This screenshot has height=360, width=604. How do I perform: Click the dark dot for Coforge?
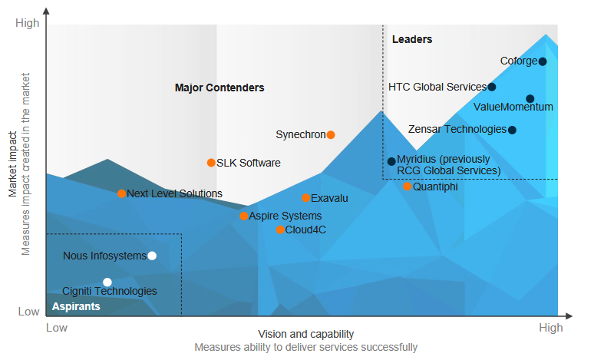pyautogui.click(x=543, y=61)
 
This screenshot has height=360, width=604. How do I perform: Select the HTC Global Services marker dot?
pyautogui.click(x=491, y=87)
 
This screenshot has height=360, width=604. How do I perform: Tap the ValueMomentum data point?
pyautogui.click(x=530, y=99)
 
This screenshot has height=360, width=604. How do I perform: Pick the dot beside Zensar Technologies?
pyautogui.click(x=512, y=130)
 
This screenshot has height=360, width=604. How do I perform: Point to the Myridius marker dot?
pyautogui.click(x=391, y=161)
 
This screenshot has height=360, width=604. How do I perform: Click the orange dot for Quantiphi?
pyautogui.click(x=408, y=187)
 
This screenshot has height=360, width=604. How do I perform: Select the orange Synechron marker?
pyautogui.click(x=331, y=134)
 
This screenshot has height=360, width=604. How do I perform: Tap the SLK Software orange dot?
pyautogui.click(x=211, y=163)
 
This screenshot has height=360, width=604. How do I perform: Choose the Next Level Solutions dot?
pyautogui.click(x=121, y=193)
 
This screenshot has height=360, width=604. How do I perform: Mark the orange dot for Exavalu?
pyautogui.click(x=306, y=198)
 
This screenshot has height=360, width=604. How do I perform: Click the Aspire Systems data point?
pyautogui.click(x=244, y=216)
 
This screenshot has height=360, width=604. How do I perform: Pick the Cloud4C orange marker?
pyautogui.click(x=280, y=230)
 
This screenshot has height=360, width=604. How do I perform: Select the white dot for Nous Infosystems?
pyautogui.click(x=152, y=256)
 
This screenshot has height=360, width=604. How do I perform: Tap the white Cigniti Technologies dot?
pyautogui.click(x=107, y=282)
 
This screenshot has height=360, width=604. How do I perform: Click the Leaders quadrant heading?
pyautogui.click(x=412, y=39)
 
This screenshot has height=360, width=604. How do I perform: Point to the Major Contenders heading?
pyautogui.click(x=219, y=88)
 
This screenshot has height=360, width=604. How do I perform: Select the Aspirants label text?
pyautogui.click(x=76, y=306)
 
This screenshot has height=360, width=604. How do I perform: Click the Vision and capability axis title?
pyautogui.click(x=306, y=334)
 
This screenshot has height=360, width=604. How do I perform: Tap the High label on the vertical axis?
pyautogui.click(x=28, y=23)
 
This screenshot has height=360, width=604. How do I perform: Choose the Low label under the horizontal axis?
pyautogui.click(x=57, y=328)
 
